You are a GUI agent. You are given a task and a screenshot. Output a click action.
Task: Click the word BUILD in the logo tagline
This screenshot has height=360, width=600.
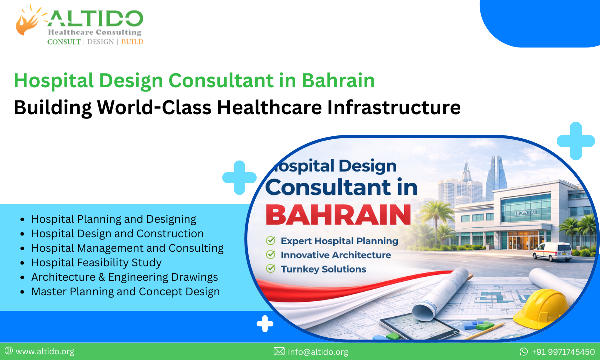(x=132, y=42)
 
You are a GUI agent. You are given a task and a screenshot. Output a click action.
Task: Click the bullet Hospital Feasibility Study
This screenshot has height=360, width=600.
(x=96, y=262)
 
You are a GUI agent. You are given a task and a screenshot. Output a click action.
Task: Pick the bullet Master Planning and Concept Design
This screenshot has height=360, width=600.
(x=125, y=291)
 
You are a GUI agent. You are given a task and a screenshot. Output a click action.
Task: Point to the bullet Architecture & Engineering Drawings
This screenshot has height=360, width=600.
(x=125, y=277)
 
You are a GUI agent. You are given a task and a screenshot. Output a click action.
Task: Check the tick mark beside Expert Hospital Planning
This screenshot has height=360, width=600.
(x=270, y=241)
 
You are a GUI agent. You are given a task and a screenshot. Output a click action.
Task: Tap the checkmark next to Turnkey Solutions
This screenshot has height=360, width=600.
(x=270, y=269)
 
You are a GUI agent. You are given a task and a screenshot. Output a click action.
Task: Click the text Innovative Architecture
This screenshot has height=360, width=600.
(x=336, y=255)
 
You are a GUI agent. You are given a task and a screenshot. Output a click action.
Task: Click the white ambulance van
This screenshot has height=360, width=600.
(x=552, y=251)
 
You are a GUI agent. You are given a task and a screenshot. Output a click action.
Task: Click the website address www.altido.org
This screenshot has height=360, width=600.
(x=45, y=352)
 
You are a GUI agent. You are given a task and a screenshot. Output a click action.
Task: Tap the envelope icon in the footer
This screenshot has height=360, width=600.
(x=279, y=352)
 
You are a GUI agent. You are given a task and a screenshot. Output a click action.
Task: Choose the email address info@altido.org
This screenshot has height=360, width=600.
(x=318, y=352)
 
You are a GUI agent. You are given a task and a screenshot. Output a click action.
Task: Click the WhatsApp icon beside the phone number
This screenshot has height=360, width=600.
(x=524, y=352)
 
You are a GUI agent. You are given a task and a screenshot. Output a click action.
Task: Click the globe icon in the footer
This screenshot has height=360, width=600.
(x=8, y=352)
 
